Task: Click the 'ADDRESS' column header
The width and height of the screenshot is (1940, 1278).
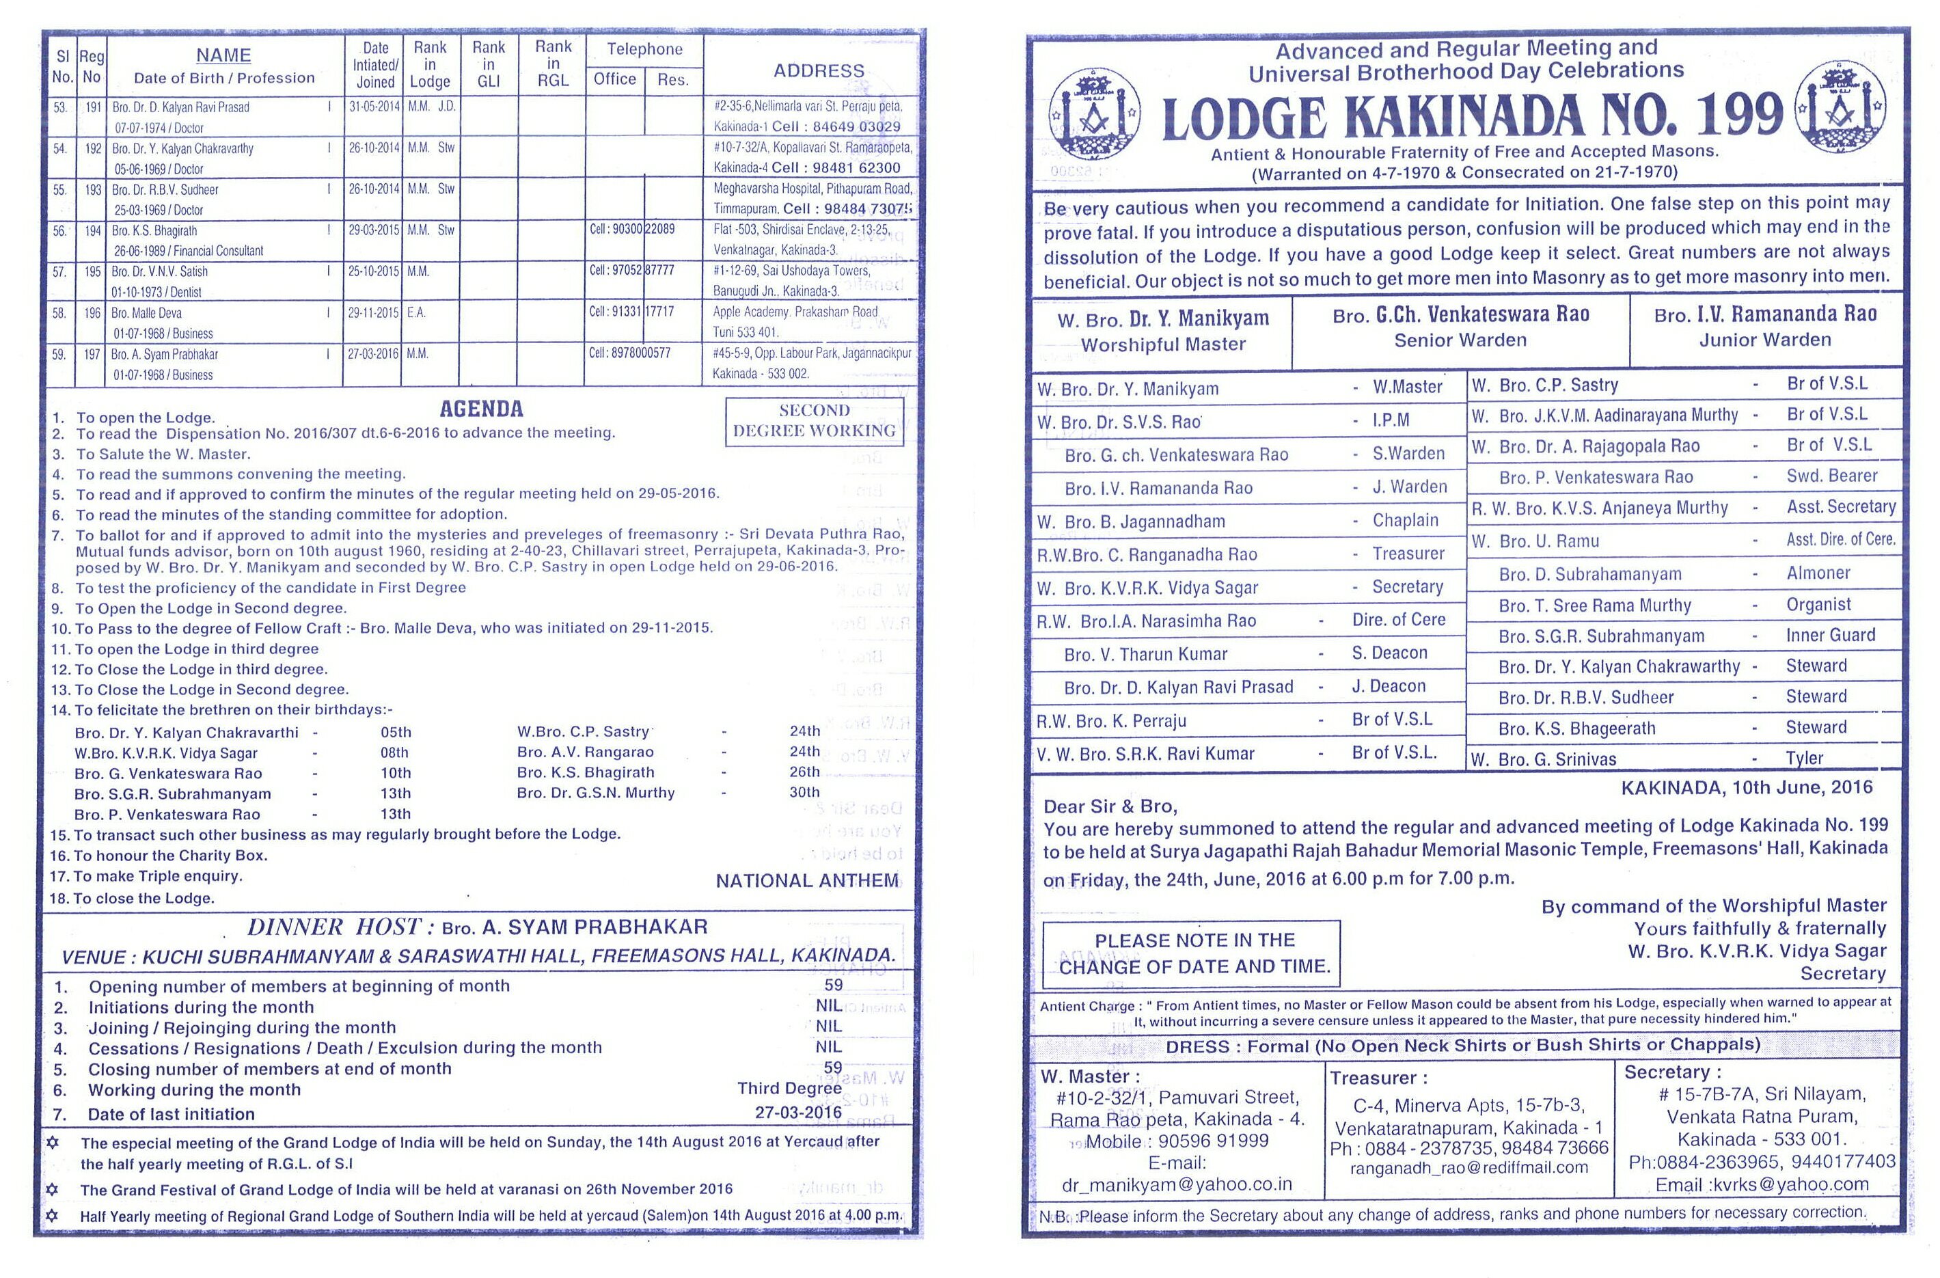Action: (x=819, y=71)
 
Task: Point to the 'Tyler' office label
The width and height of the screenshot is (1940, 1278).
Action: (x=1804, y=758)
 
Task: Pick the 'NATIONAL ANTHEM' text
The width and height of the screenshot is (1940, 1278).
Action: (x=807, y=880)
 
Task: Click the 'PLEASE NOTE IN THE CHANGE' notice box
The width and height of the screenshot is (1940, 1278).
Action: (x=1193, y=953)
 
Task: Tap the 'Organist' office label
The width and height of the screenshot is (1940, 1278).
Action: (x=1818, y=604)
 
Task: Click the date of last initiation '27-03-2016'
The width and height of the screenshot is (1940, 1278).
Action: (x=798, y=1113)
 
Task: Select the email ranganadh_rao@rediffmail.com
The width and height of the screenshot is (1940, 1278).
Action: (x=1469, y=1167)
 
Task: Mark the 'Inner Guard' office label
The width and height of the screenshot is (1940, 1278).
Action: (x=1830, y=635)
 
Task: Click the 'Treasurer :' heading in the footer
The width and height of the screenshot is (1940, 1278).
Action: (x=1378, y=1078)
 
